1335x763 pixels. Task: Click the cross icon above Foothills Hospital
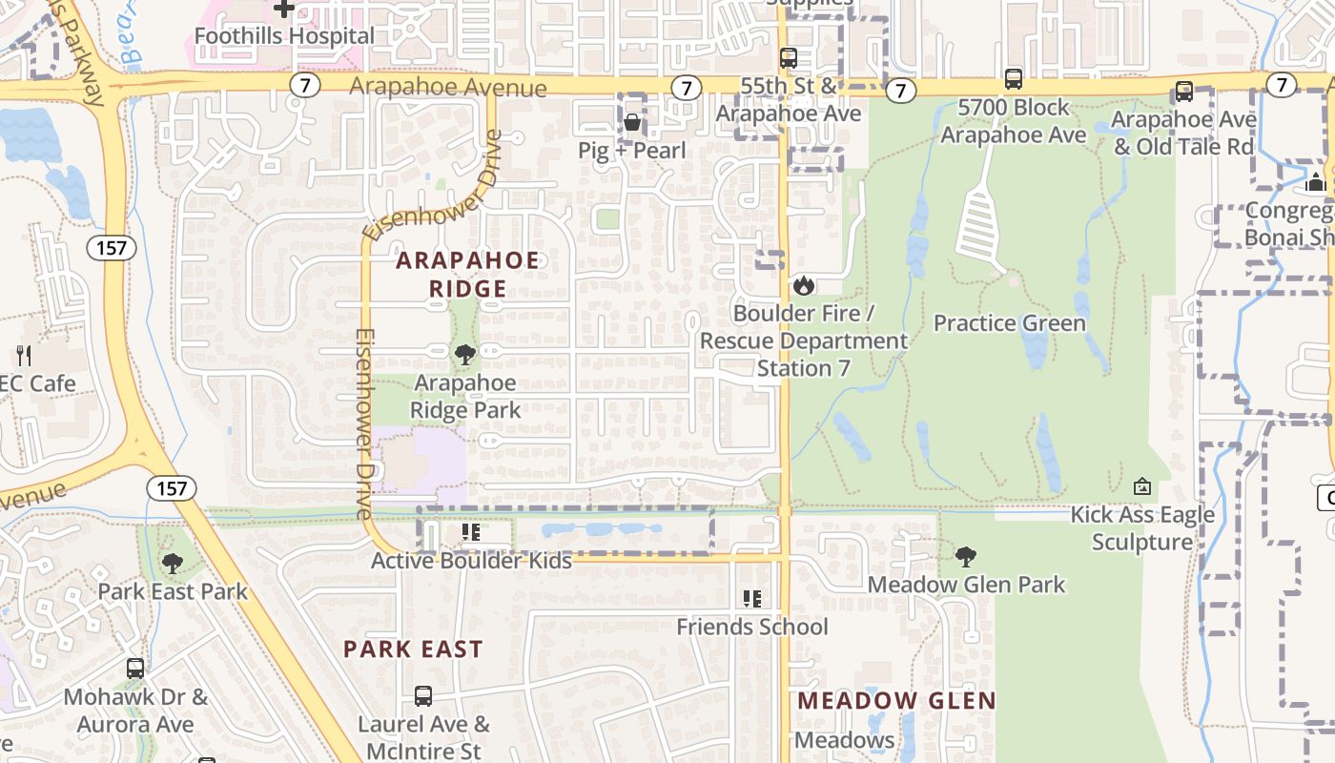pyautogui.click(x=283, y=9)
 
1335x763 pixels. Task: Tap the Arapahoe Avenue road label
pyautogui.click(x=448, y=88)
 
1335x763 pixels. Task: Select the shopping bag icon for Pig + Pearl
pyautogui.click(x=632, y=122)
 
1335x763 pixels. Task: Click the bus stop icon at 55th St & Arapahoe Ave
pyautogui.click(x=788, y=58)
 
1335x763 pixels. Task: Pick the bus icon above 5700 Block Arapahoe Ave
pyautogui.click(x=1014, y=79)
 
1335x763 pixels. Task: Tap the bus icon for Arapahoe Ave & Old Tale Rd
pyautogui.click(x=1183, y=92)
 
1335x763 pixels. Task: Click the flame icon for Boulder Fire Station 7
pyautogui.click(x=804, y=285)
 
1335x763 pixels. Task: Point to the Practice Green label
pyautogui.click(x=1009, y=323)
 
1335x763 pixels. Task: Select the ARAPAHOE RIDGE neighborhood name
pyautogui.click(x=467, y=275)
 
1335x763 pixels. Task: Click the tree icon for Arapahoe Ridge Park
pyautogui.click(x=465, y=355)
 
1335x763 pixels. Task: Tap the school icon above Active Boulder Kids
pyautogui.click(x=469, y=532)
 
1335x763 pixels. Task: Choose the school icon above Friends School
pyautogui.click(x=751, y=599)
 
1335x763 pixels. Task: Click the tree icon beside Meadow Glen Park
pyautogui.click(x=966, y=556)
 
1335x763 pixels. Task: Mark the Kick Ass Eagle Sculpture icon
pyautogui.click(x=1141, y=487)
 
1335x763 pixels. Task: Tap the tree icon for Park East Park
pyautogui.click(x=172, y=564)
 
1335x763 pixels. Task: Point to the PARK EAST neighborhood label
pyautogui.click(x=413, y=650)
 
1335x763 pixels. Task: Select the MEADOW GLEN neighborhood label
pyautogui.click(x=896, y=701)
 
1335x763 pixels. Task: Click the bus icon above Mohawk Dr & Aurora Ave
pyautogui.click(x=135, y=669)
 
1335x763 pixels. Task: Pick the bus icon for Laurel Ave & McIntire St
pyautogui.click(x=423, y=696)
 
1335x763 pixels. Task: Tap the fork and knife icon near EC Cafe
pyautogui.click(x=24, y=356)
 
